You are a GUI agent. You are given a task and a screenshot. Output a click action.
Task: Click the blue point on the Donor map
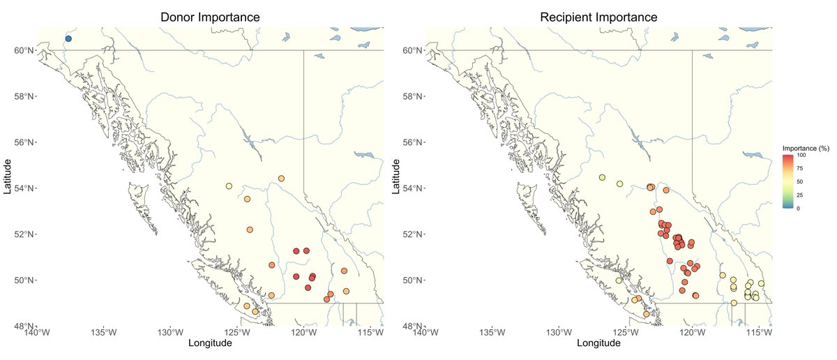click(68, 39)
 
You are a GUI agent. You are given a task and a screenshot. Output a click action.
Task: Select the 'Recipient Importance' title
click(599, 16)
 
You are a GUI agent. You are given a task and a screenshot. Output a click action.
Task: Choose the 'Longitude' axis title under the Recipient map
click(599, 343)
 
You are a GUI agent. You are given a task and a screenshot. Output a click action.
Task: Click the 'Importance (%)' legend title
click(806, 149)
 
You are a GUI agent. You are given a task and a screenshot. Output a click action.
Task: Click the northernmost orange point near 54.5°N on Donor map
click(281, 179)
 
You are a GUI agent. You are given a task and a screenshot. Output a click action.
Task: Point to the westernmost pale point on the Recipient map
click(602, 178)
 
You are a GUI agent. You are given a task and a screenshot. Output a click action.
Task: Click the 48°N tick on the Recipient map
click(412, 326)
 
